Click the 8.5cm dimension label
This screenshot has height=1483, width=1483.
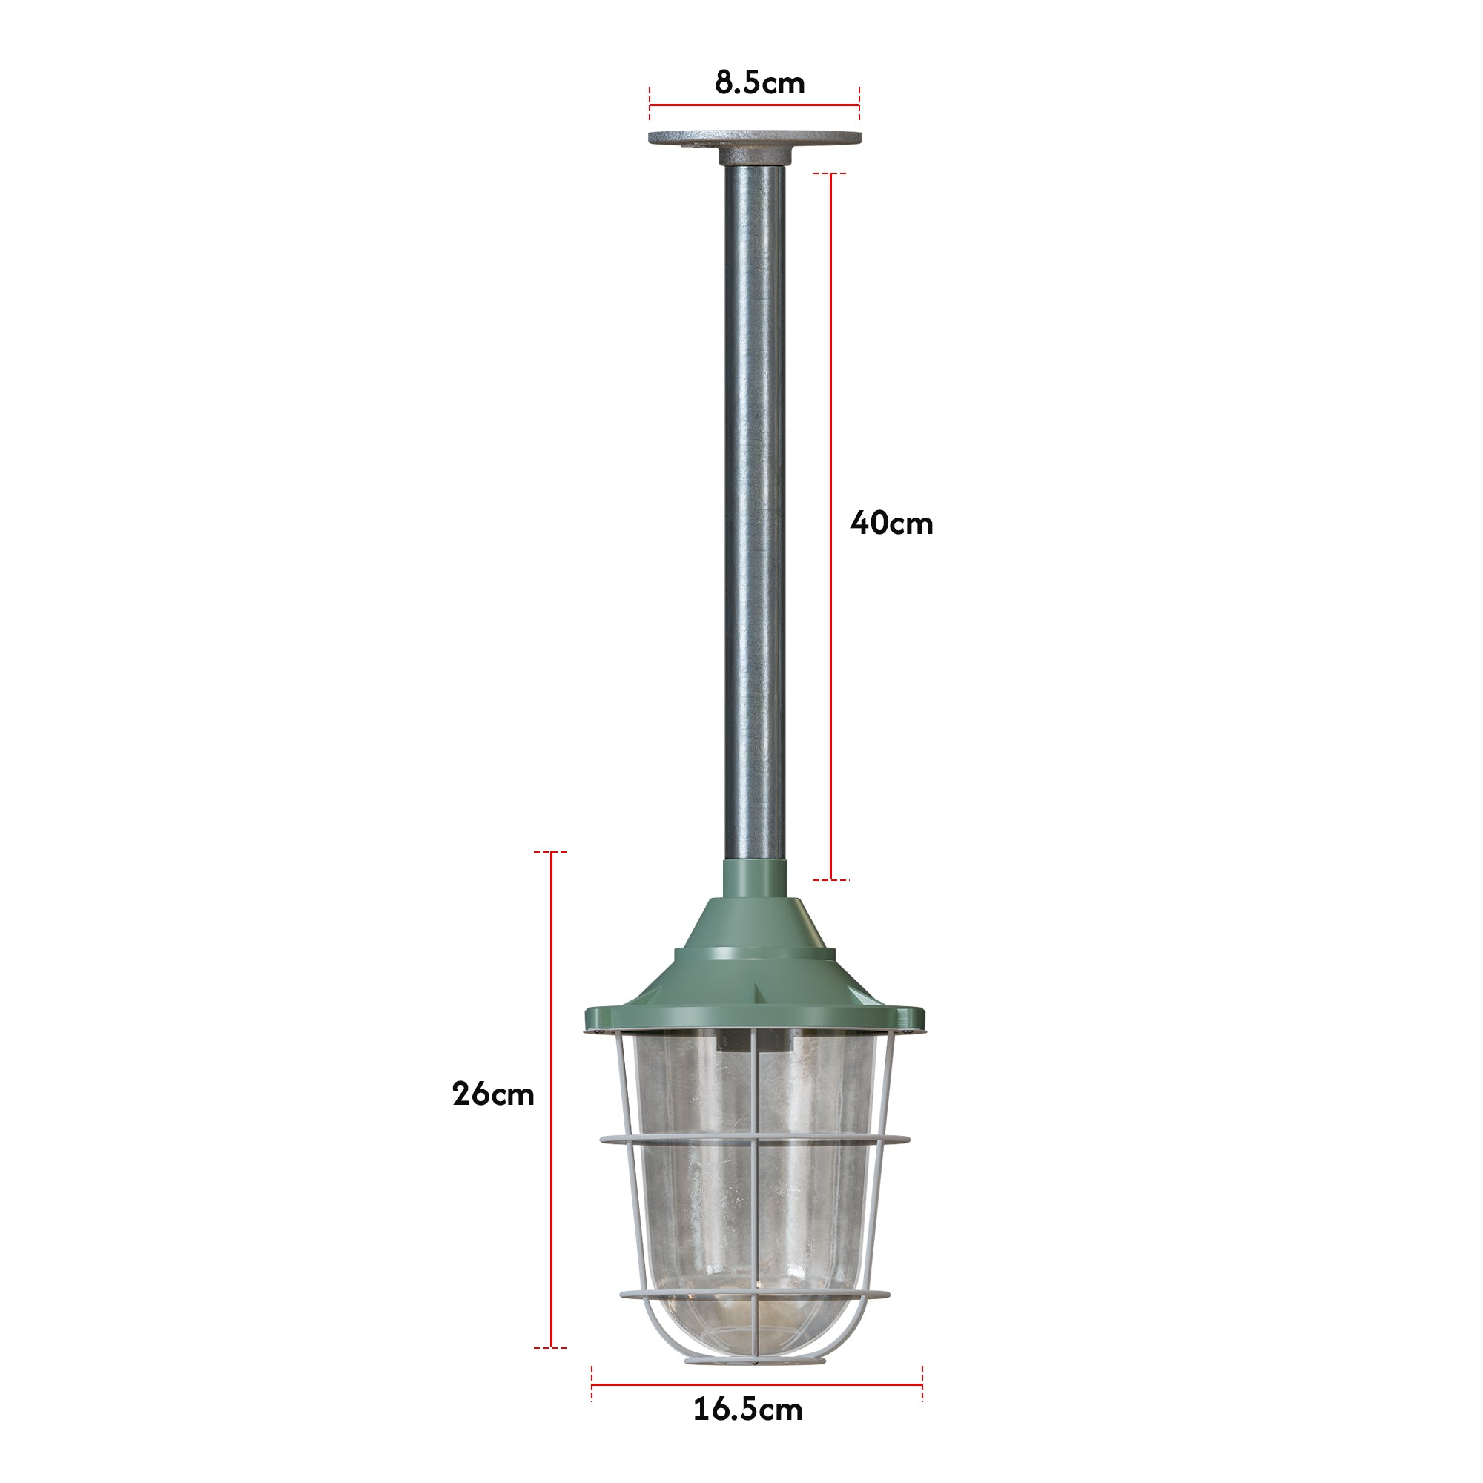click(x=759, y=82)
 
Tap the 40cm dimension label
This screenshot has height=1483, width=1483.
click(x=891, y=523)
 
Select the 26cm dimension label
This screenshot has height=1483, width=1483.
click(x=493, y=1094)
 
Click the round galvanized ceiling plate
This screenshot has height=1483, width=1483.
click(x=755, y=138)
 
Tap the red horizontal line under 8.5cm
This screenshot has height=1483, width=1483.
click(x=755, y=105)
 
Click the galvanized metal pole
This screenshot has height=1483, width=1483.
click(x=756, y=506)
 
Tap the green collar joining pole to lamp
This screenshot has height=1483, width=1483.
click(x=756, y=878)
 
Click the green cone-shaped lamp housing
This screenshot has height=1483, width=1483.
click(x=756, y=960)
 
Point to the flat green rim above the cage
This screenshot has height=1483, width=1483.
click(x=756, y=1019)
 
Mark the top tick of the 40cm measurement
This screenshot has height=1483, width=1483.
click(x=830, y=174)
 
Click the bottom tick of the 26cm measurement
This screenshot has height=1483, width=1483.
click(x=550, y=1347)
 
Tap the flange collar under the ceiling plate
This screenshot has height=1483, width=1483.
click(x=755, y=156)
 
